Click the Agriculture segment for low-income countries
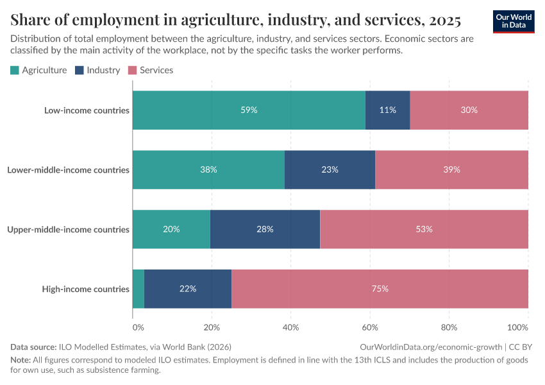pyautogui.click(x=249, y=110)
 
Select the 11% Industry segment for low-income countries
pyautogui.click(x=387, y=110)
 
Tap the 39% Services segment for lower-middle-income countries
pyautogui.click(x=451, y=170)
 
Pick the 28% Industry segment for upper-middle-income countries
pyautogui.click(x=265, y=229)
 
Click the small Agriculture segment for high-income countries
pyautogui.click(x=138, y=289)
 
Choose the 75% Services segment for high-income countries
pyautogui.click(x=380, y=289)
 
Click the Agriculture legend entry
pyautogui.click(x=39, y=70)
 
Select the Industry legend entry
pyautogui.click(x=98, y=70)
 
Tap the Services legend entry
pyautogui.click(x=151, y=70)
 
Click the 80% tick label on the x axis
pyautogui.click(x=449, y=327)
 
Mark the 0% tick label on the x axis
pyautogui.click(x=138, y=327)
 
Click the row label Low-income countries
pyautogui.click(x=87, y=110)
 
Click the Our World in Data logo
pyautogui.click(x=514, y=21)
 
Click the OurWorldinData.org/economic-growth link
pyautogui.click(x=431, y=347)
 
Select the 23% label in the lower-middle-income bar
pyautogui.click(x=330, y=170)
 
